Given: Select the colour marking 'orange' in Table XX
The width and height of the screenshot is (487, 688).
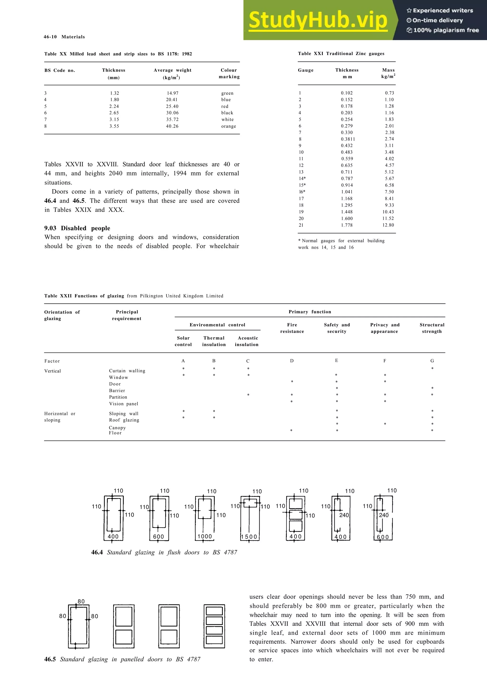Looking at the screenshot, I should pos(229,126).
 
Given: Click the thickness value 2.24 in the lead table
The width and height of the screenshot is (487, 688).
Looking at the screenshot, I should pos(114,106).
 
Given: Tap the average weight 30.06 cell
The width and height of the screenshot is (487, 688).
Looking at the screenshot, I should pos(172,113).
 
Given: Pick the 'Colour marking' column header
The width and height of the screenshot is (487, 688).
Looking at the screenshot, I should pos(229,73).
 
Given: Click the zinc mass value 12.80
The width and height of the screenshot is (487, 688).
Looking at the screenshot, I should pos(388,225).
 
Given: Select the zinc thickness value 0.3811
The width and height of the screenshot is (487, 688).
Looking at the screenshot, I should pos(348,139).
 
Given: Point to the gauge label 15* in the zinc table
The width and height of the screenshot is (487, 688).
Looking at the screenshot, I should pos(302,185).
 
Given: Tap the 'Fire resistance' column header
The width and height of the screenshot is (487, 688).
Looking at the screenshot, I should pos(292,328).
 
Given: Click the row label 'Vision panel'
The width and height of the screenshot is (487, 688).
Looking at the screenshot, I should pos(124,404).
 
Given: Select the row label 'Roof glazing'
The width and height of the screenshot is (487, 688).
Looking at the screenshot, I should pos(124,420).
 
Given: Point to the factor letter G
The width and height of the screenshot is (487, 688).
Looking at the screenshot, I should pos(432,361).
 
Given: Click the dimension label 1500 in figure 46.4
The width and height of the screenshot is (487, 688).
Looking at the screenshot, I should pos(249,537).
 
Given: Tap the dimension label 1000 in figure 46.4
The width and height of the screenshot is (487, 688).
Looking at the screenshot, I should pos(205,536).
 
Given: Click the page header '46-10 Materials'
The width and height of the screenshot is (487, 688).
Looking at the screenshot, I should pos(64,37).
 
